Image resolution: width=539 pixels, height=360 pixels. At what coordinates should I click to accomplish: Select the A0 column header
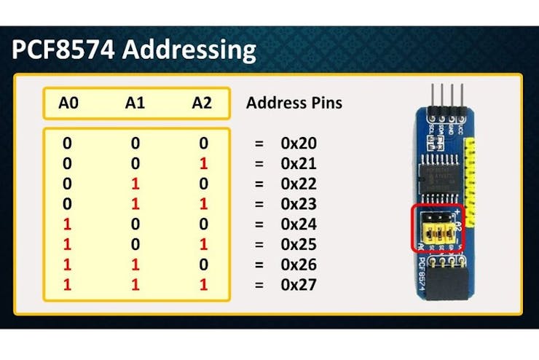point(68,103)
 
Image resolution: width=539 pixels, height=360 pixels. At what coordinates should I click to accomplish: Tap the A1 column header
point(135,103)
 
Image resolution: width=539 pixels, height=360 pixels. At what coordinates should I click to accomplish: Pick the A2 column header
point(202,103)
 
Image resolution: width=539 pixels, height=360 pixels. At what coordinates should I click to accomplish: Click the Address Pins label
point(294,103)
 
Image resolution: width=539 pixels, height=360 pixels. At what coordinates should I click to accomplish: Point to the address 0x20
point(298,144)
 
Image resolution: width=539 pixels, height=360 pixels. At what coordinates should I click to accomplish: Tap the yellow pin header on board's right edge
point(474,175)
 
